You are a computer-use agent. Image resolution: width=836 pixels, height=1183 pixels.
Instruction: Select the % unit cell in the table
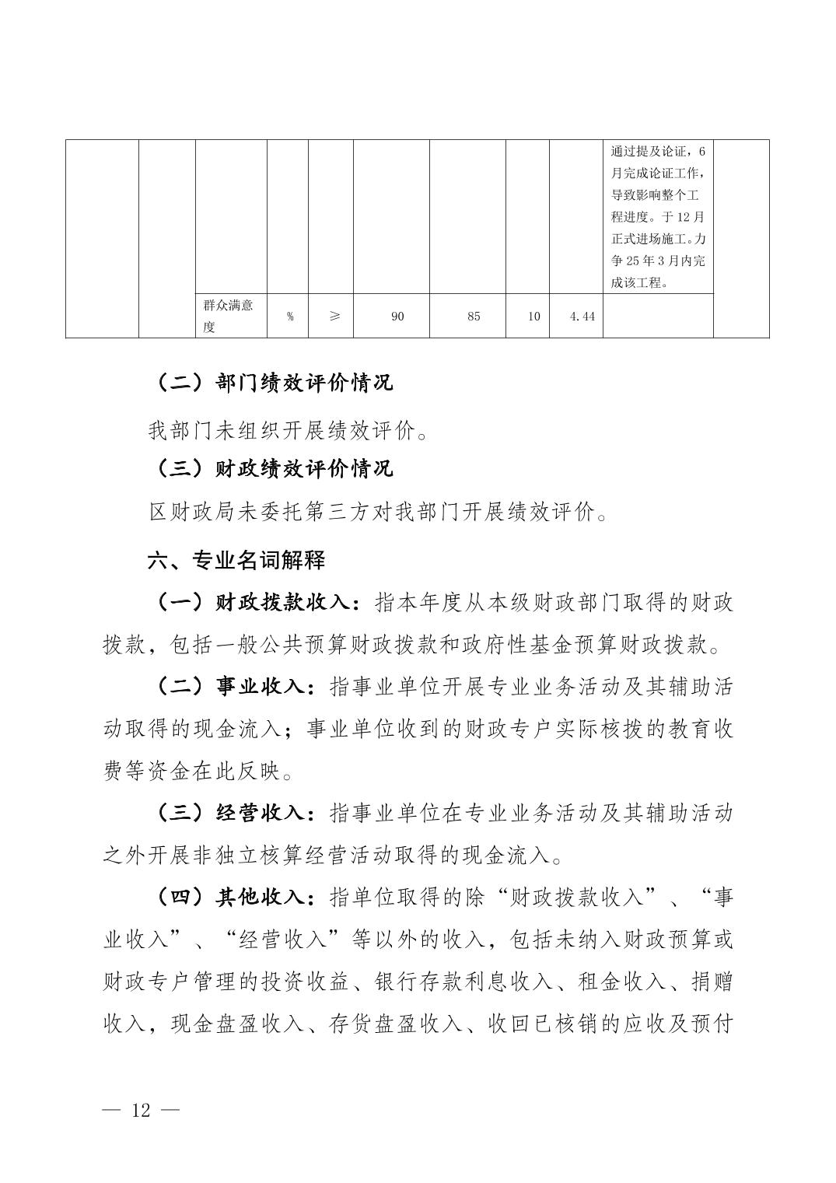[289, 317]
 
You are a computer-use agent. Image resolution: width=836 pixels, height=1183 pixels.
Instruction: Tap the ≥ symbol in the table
[334, 317]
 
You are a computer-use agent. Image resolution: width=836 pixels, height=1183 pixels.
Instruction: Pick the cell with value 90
[397, 317]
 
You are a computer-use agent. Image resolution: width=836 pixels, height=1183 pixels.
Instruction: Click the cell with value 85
[474, 317]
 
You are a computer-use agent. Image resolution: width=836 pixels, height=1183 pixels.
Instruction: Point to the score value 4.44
[582, 317]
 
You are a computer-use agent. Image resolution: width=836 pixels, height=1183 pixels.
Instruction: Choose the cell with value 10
[533, 317]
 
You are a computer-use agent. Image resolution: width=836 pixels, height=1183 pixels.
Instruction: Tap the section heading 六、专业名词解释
[236, 560]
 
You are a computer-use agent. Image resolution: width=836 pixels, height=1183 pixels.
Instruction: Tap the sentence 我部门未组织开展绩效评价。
[288, 430]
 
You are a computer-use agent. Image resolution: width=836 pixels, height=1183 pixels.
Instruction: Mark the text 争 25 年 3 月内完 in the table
[658, 261]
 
